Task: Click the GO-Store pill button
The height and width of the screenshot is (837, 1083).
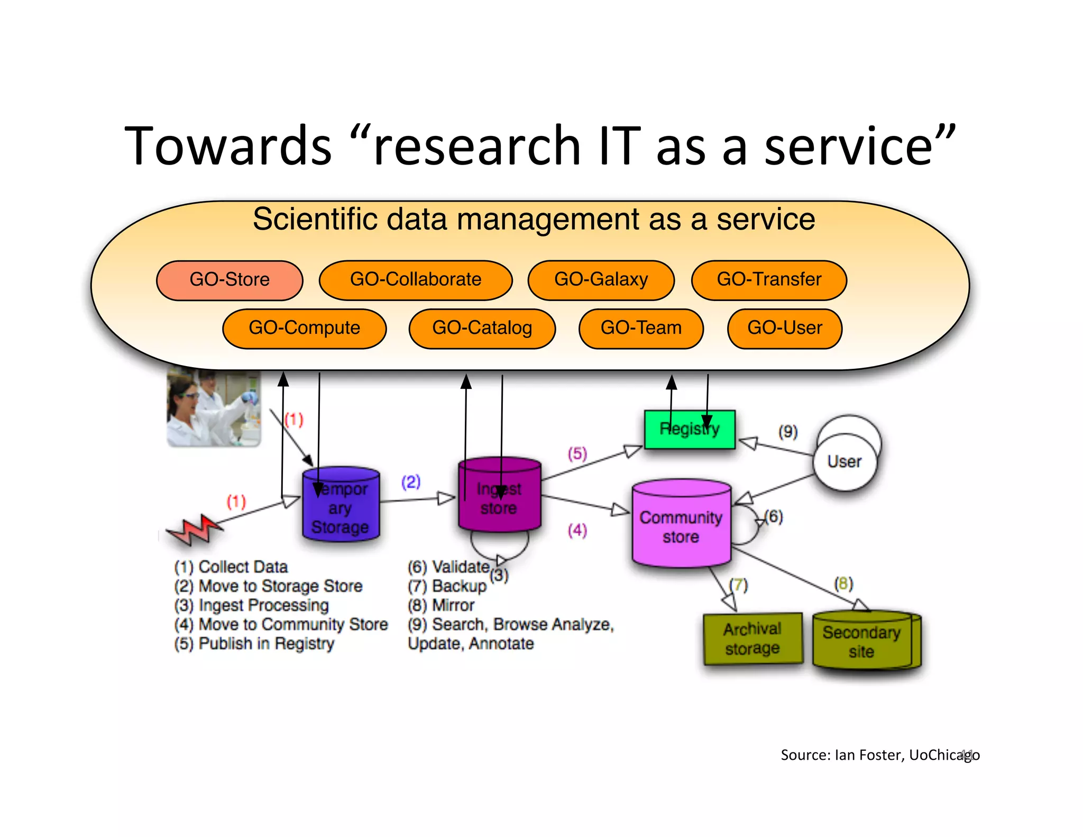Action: (230, 280)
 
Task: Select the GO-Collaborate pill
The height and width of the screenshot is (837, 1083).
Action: (416, 280)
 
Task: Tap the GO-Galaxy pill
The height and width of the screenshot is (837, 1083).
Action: (601, 280)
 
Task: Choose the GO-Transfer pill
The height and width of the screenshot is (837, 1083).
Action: (769, 280)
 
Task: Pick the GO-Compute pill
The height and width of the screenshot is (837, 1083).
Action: (304, 329)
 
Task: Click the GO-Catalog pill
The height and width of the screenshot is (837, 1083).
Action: (482, 329)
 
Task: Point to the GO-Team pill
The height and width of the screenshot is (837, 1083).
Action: (641, 329)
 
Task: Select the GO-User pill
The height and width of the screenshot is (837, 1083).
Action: (785, 329)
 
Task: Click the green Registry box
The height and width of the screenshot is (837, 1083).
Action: (690, 429)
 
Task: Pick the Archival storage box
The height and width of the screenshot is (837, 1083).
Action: (752, 639)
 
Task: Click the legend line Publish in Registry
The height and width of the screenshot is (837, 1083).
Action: (254, 644)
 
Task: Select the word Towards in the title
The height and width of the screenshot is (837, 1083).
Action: (227, 146)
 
